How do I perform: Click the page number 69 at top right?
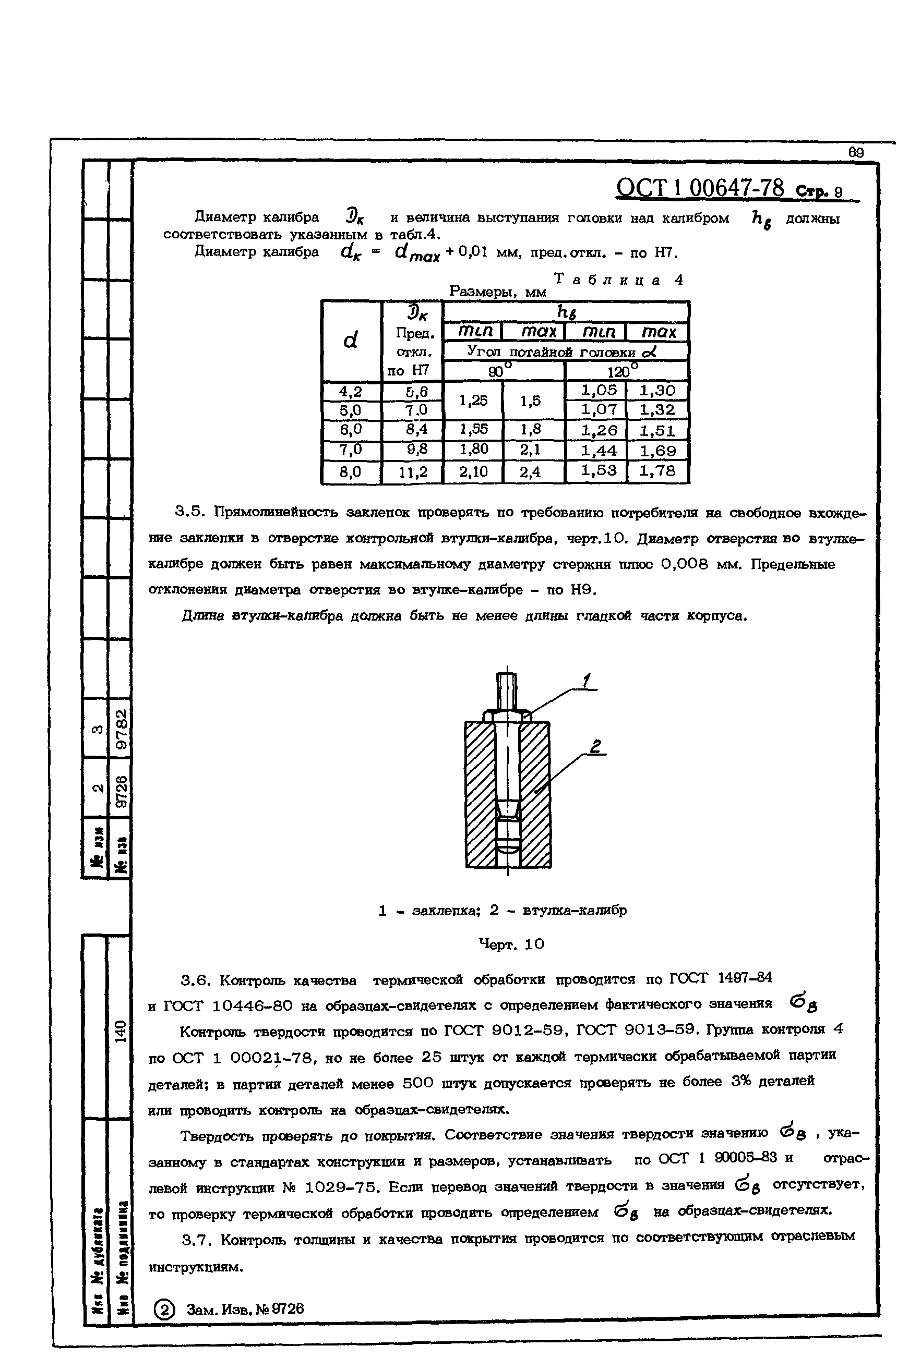tap(856, 152)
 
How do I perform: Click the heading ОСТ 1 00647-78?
tap(700, 188)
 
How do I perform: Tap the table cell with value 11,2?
tap(412, 472)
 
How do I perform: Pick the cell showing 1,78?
tap(657, 471)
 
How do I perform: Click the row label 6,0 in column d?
tap(350, 429)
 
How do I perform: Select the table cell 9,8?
tap(412, 450)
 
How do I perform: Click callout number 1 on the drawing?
tap(586, 681)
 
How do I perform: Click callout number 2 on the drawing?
tap(595, 747)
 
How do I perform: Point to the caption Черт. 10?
tap(511, 944)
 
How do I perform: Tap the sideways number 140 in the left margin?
tap(121, 1032)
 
